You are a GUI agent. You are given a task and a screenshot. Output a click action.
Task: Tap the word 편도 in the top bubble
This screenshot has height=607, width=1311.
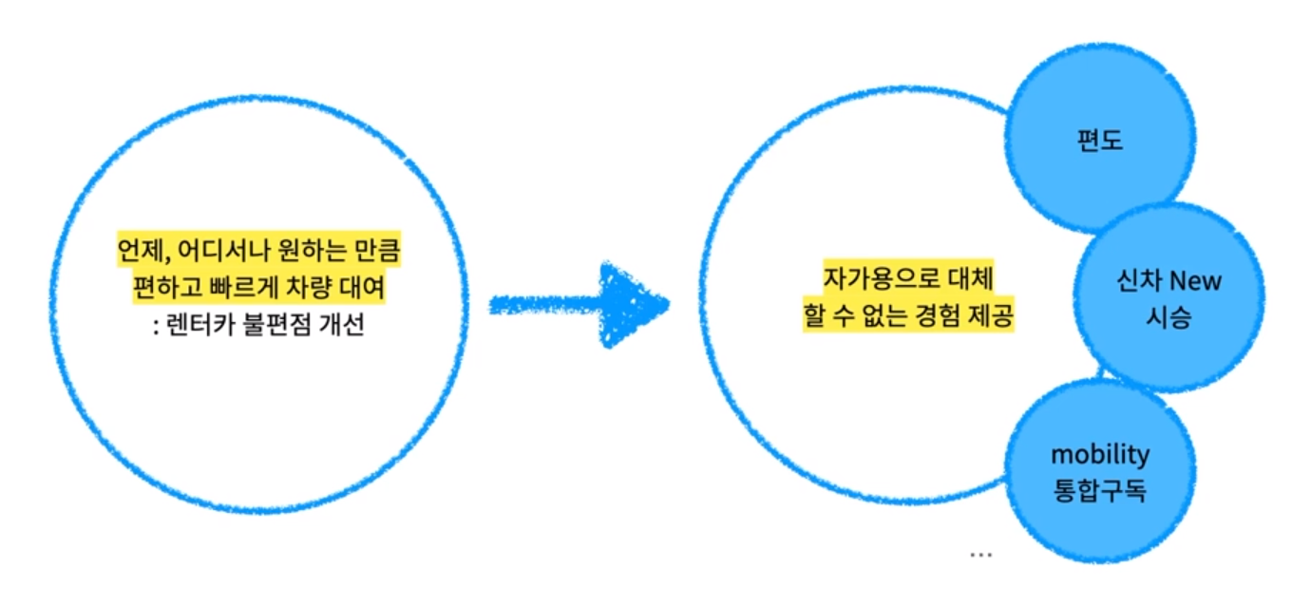click(1101, 141)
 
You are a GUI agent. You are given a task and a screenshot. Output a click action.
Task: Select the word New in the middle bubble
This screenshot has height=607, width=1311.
click(1195, 281)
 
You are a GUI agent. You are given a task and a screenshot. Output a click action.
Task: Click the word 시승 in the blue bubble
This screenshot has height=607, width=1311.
click(1168, 317)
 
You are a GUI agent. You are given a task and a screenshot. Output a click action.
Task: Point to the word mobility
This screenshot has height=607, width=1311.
click(1100, 454)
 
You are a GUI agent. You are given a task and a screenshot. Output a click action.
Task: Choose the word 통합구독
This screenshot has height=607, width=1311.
click(1100, 491)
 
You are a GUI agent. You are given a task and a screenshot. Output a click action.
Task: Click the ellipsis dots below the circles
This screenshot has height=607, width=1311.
click(980, 553)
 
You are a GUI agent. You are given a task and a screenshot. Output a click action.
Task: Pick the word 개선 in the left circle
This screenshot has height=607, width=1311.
click(342, 329)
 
